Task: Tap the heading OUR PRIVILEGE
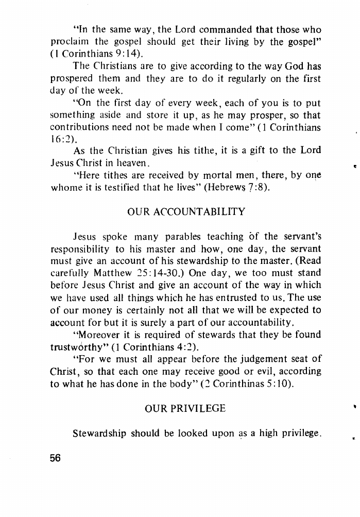coord(185,408)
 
